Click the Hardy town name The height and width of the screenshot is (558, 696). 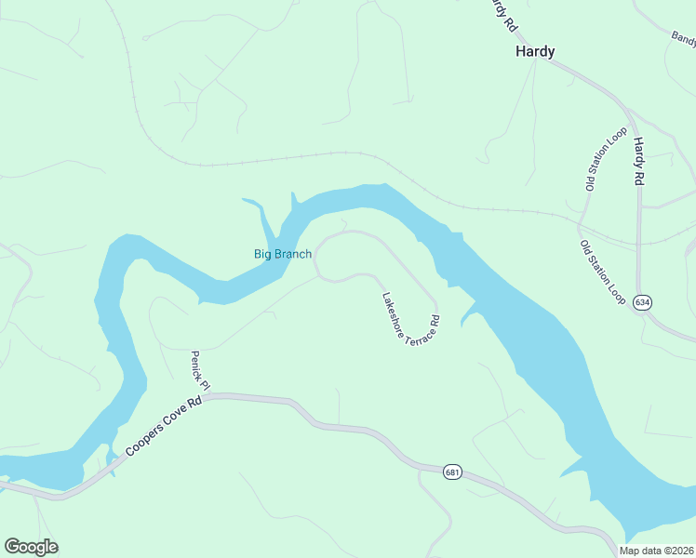535,52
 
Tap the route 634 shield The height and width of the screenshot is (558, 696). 641,303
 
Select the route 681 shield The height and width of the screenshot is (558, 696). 452,472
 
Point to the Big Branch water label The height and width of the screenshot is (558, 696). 283,254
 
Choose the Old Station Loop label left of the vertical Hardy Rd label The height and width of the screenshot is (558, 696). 605,160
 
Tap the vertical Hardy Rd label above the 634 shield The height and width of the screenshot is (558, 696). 639,162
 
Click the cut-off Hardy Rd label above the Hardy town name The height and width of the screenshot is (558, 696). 502,13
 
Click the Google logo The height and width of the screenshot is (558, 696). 31,547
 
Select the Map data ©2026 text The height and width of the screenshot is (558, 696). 656,551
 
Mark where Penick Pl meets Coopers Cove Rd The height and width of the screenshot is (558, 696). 209,396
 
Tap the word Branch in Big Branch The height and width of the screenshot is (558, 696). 294,254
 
